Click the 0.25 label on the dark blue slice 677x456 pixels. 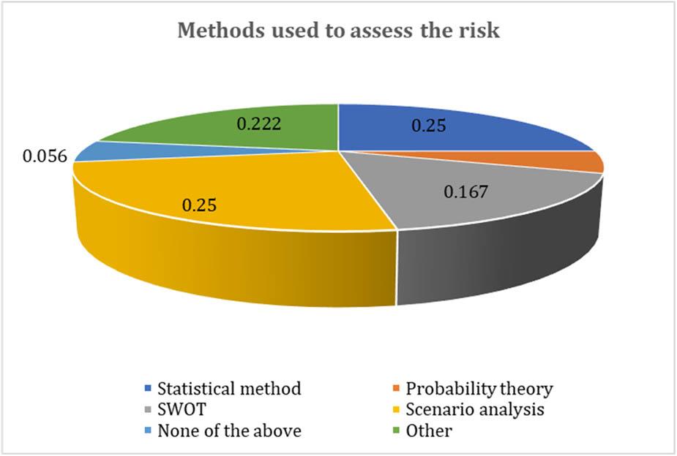click(427, 126)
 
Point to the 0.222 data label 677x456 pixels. click(258, 125)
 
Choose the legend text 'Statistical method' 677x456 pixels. click(229, 389)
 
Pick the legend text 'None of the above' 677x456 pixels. click(229, 431)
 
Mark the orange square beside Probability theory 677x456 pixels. click(395, 389)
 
